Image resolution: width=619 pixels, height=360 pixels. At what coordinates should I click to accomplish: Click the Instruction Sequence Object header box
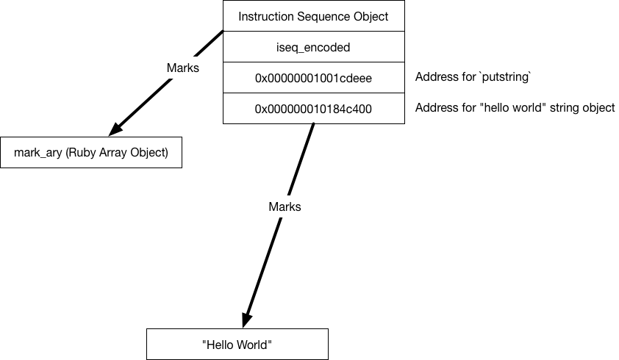(313, 16)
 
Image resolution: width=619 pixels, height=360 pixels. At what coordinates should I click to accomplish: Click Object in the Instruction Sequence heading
(371, 16)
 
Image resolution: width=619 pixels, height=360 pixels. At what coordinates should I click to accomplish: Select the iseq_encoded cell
(313, 47)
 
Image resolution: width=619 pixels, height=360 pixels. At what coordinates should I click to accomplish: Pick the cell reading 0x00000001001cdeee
(313, 78)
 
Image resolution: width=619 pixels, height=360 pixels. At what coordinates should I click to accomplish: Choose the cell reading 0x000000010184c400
(313, 109)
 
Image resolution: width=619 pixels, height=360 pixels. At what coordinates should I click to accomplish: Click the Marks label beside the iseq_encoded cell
(183, 68)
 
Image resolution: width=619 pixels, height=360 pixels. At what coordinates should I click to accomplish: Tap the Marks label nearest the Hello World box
(285, 206)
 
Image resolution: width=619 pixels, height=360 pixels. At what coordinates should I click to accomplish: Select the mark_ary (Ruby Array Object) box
(90, 153)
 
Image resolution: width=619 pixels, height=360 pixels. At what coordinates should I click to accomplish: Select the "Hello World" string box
(237, 345)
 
